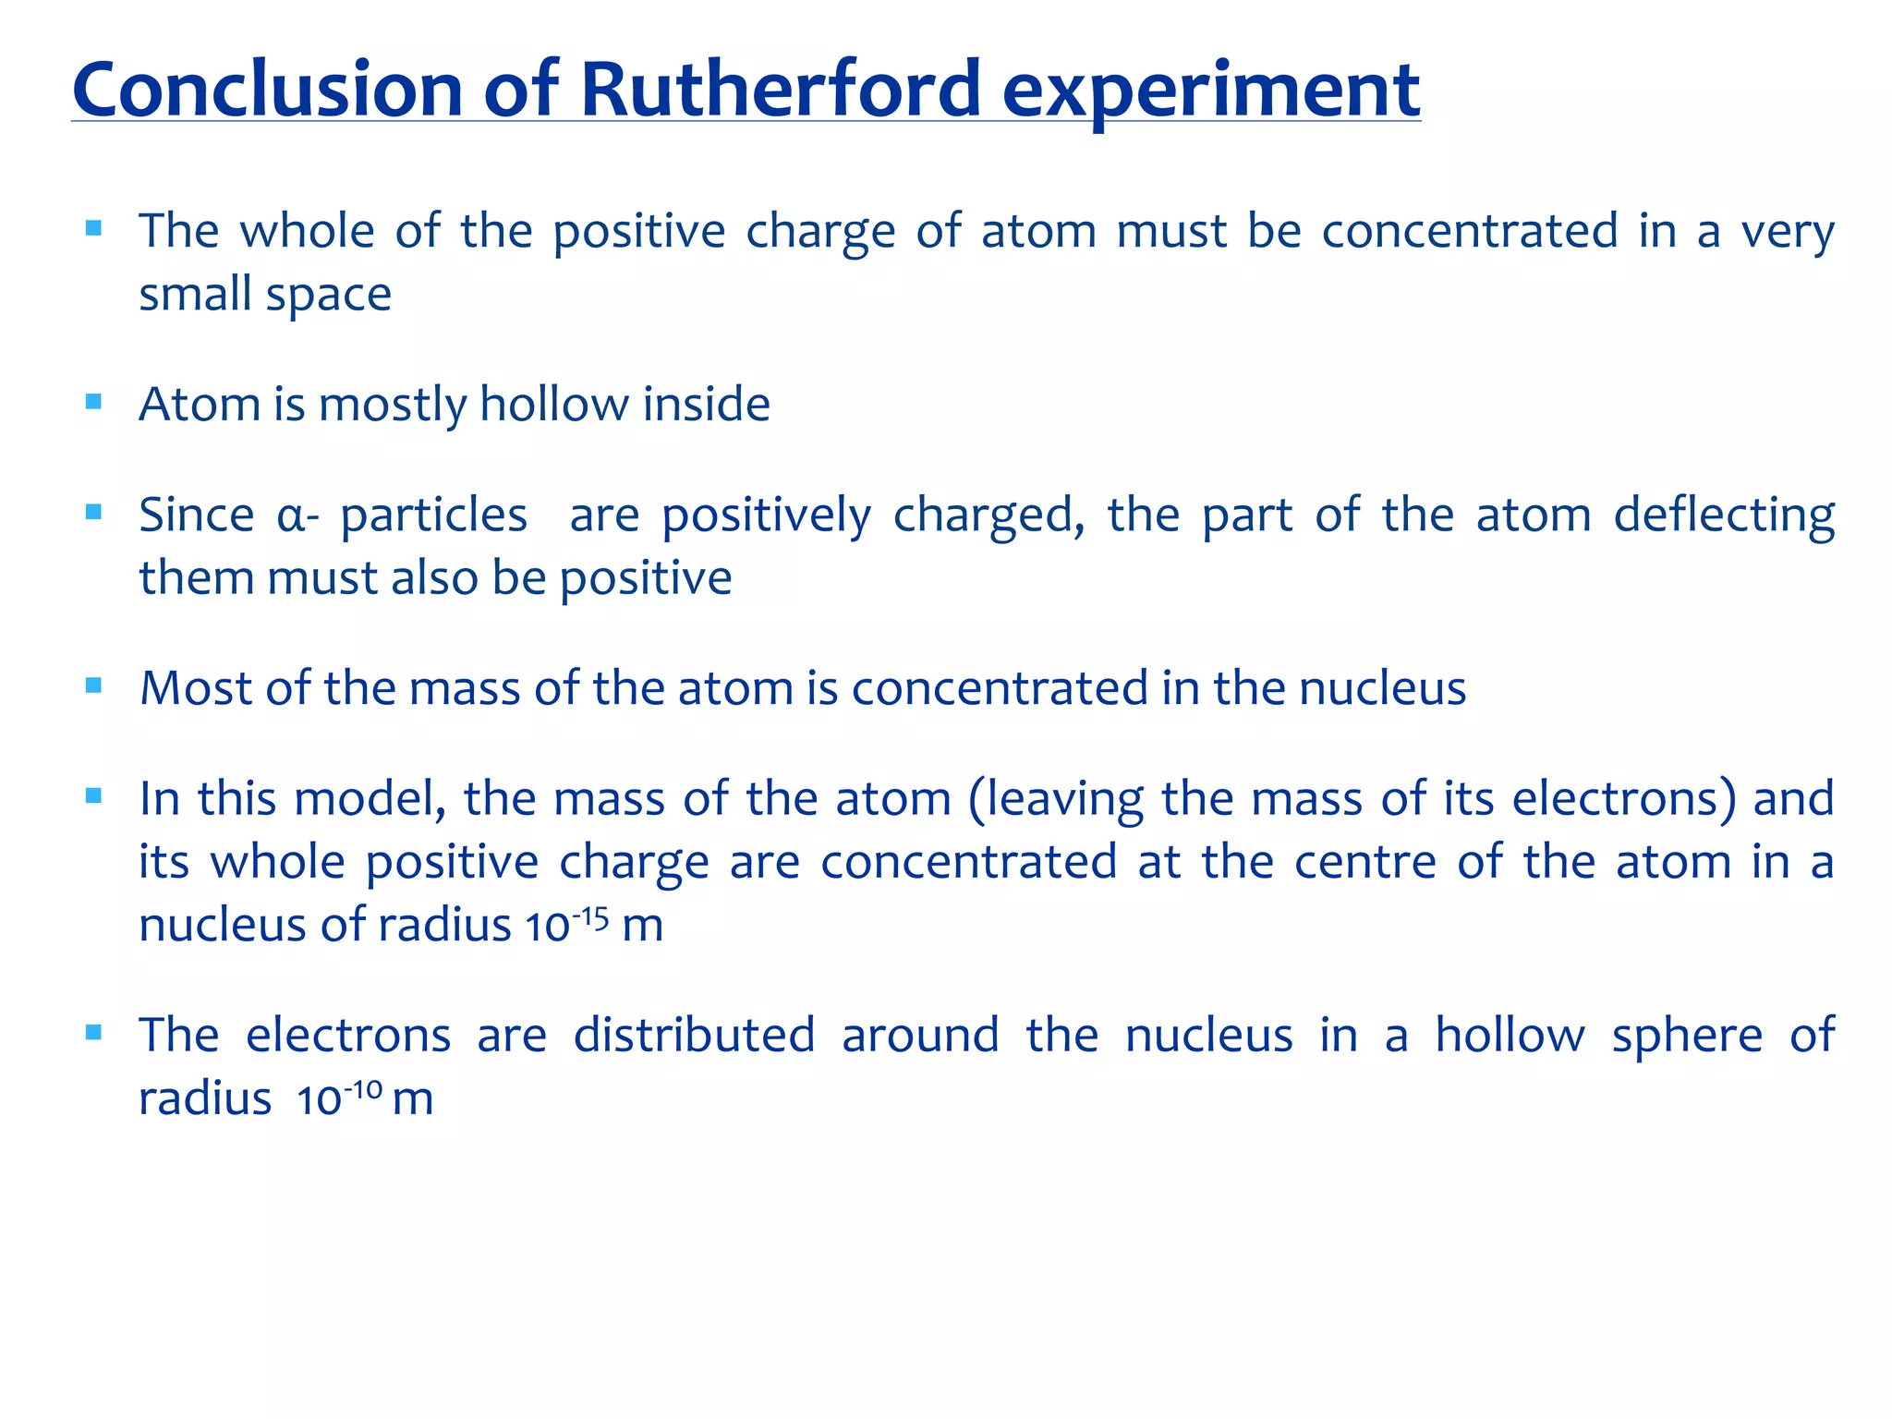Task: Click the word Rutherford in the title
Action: coord(781,90)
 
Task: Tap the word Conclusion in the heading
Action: coord(267,90)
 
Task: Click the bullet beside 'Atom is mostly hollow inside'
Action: coord(93,402)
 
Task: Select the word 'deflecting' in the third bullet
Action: coord(1724,515)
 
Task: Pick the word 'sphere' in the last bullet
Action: coord(1687,1036)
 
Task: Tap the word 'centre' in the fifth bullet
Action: coord(1365,862)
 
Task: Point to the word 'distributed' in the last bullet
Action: coord(694,1035)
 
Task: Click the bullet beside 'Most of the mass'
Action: coord(93,685)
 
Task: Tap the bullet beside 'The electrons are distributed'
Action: coord(93,1033)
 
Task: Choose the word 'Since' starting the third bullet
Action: coord(196,515)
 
